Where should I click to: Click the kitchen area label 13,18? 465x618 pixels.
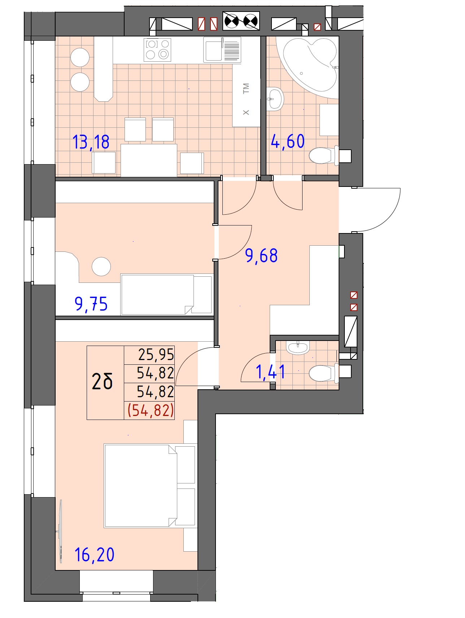91,142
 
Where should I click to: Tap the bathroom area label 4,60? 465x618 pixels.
288,141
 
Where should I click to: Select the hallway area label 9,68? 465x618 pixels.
261,256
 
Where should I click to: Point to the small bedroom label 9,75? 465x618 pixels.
91,304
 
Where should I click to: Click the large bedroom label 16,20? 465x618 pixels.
94,555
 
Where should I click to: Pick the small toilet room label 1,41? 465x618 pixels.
270,372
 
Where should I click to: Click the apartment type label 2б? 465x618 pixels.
102,382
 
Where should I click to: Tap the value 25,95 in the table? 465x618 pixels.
156,355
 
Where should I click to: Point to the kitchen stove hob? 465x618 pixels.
157,50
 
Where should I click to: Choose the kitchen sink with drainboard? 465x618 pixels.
222,50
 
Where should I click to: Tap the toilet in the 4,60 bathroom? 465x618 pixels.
324,155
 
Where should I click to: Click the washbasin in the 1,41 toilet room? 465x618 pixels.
298,347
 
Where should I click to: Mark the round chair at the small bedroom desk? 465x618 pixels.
101,267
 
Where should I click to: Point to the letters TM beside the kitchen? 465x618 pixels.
246,88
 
